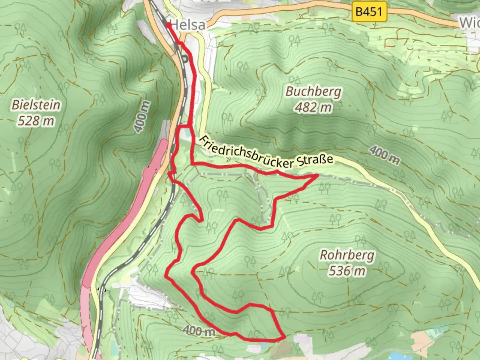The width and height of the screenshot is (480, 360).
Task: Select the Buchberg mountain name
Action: (313, 91)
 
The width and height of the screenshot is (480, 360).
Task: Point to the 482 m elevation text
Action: (313, 107)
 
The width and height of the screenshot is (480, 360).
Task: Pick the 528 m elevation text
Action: (36, 121)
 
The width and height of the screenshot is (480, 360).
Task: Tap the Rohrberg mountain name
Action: (347, 255)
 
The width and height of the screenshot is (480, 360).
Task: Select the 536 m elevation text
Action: (347, 271)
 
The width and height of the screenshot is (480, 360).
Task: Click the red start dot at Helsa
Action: (168, 25)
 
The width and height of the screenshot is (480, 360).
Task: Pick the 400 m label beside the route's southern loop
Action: (199, 330)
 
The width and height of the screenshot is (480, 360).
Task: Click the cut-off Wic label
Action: (469, 23)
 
